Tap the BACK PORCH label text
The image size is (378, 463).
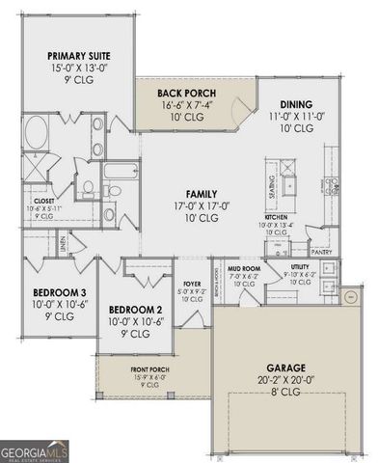coord(191,94)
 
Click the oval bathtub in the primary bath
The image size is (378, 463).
coord(40,131)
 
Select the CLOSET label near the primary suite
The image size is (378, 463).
coord(40,202)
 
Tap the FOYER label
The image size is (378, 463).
coord(192,283)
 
